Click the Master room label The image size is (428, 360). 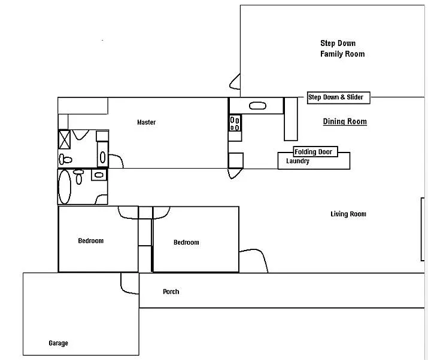click(146, 123)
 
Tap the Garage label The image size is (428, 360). click(58, 343)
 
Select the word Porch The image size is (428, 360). click(171, 292)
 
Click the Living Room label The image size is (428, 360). click(348, 214)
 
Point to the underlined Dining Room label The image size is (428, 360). click(345, 122)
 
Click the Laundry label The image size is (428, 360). click(298, 161)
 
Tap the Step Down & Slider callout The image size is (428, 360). click(338, 97)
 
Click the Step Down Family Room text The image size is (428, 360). click(342, 48)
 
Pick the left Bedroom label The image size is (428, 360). click(90, 241)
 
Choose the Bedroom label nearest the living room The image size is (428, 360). click(186, 242)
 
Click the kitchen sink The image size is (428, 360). click(257, 106)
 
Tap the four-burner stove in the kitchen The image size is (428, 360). click(235, 124)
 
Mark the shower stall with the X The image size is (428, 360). click(65, 139)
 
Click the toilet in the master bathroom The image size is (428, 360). click(65, 159)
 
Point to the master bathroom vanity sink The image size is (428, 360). click(102, 158)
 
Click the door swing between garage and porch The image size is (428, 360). click(128, 283)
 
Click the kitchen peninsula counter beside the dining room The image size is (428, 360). click(290, 118)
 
